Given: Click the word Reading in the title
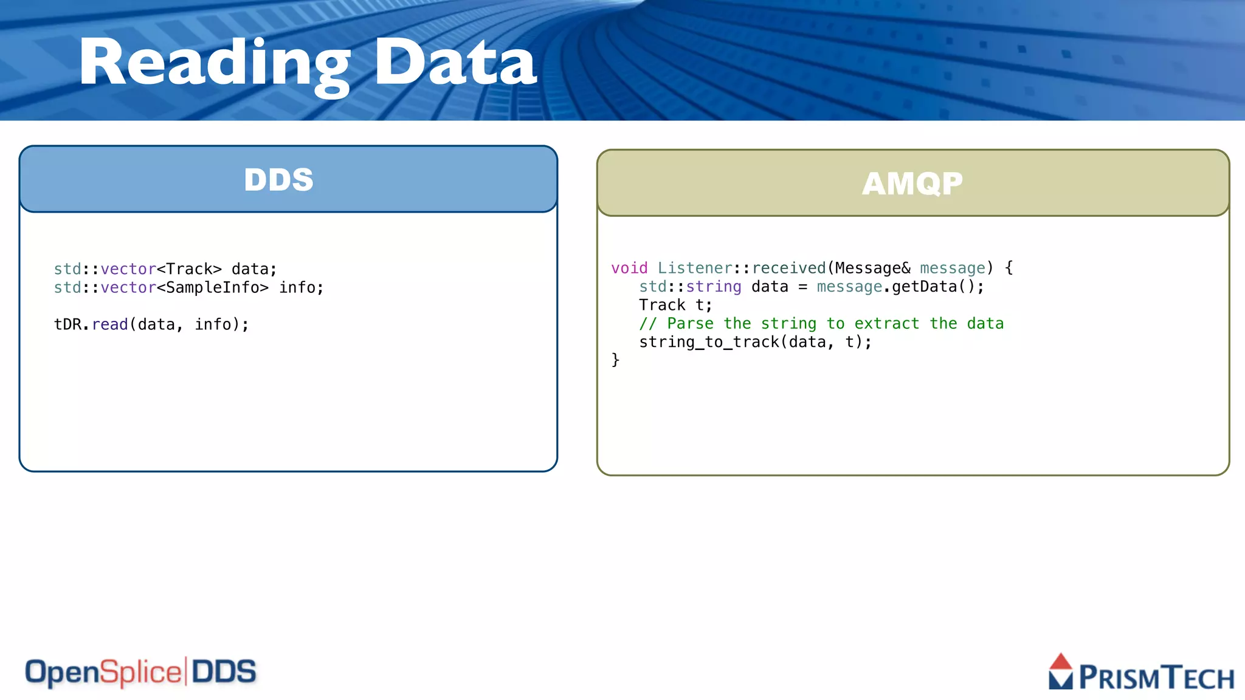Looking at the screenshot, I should (x=214, y=63).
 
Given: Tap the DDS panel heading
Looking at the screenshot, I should (x=278, y=180).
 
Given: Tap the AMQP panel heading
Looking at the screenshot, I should (x=912, y=184).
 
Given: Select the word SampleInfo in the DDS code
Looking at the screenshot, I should (x=212, y=287).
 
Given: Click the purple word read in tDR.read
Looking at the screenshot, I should (x=110, y=324).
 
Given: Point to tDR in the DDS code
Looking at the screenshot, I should (x=67, y=324).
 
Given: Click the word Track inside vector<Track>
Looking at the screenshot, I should (x=189, y=269).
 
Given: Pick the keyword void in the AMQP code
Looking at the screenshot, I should (x=629, y=268).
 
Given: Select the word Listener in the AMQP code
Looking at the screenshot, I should (x=695, y=268).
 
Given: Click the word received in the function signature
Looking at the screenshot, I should (x=788, y=268).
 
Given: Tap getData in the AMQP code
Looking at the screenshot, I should (x=924, y=287).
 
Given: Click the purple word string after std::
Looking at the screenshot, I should (x=714, y=287).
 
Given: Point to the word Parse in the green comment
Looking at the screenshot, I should (x=690, y=324).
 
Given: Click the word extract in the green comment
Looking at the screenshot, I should (x=886, y=324).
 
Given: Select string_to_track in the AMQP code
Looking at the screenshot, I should (x=709, y=342).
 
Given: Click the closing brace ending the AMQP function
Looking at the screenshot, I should (x=615, y=360).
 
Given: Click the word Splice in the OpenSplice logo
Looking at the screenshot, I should (x=140, y=673).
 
